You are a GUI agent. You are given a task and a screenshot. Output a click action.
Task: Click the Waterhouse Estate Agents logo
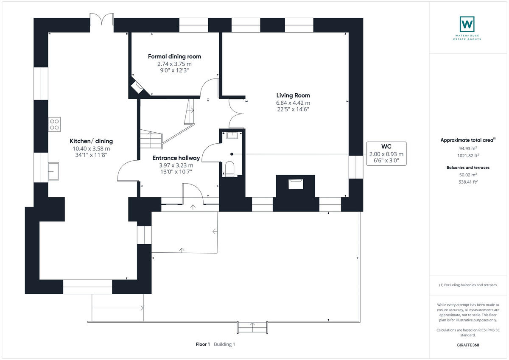tap(467, 24)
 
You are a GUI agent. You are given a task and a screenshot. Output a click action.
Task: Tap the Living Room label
tap(293, 95)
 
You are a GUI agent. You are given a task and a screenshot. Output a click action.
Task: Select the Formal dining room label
tap(174, 56)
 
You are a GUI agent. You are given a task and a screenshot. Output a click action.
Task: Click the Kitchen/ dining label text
tap(91, 141)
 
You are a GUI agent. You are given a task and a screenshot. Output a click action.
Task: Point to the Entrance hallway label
tap(176, 158)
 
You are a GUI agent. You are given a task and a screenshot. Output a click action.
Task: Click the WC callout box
tap(386, 153)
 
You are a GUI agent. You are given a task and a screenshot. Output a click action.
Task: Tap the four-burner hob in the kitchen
tap(55, 124)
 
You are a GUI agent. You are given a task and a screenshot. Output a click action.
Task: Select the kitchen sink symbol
tap(54, 171)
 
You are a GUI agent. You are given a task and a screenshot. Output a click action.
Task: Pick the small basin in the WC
tap(232, 135)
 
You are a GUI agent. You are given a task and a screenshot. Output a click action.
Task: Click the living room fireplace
tap(296, 184)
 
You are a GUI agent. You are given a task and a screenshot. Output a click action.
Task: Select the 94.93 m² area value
tap(468, 148)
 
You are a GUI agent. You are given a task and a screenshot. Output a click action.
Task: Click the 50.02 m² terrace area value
tap(468, 174)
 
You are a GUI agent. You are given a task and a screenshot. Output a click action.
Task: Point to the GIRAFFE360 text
tap(468, 345)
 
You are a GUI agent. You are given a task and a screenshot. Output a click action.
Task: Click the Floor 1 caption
tap(203, 344)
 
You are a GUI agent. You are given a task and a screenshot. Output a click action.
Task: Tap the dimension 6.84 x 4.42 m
tap(293, 103)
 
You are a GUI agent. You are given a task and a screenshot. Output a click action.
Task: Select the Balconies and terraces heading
tap(468, 167)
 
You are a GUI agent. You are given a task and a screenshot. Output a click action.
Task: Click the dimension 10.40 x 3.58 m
tap(91, 148)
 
